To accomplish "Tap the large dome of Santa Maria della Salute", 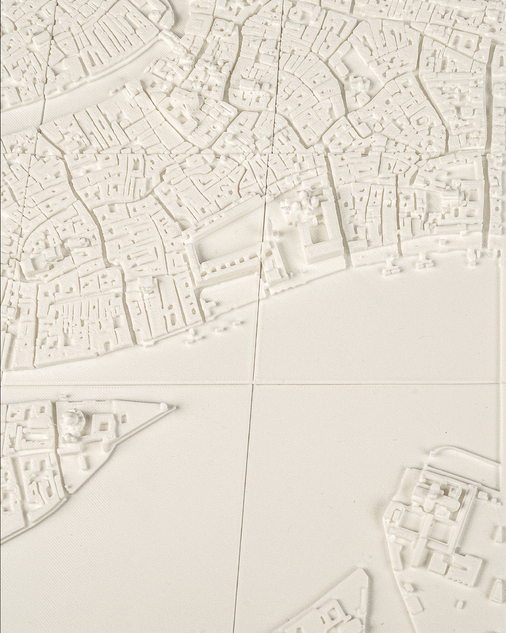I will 73,417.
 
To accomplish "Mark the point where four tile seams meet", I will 253,384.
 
